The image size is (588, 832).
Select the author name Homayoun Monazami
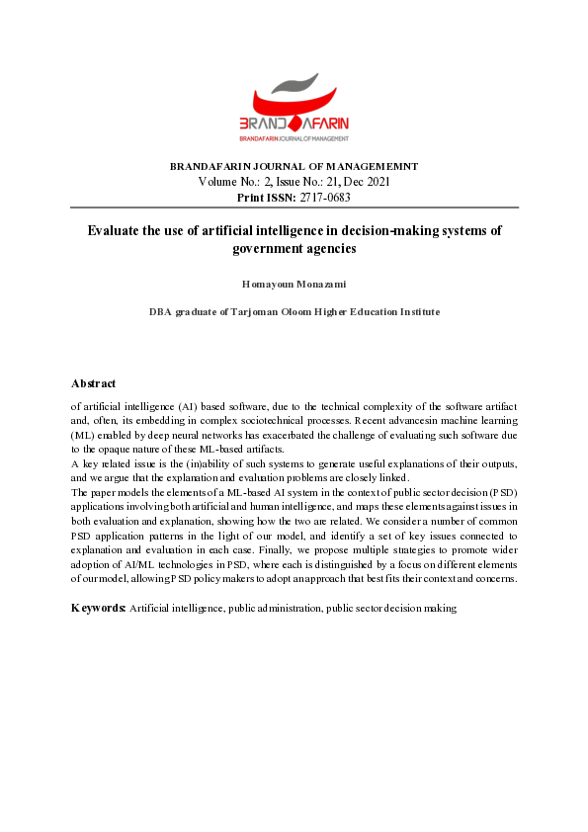(x=294, y=284)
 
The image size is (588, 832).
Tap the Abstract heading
(x=93, y=383)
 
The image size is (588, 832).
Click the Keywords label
(x=98, y=609)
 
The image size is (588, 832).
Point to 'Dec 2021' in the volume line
(x=370, y=182)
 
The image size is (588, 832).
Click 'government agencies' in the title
(x=294, y=249)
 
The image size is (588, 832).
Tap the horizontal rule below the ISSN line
(x=294, y=208)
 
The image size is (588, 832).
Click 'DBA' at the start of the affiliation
(x=160, y=311)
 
